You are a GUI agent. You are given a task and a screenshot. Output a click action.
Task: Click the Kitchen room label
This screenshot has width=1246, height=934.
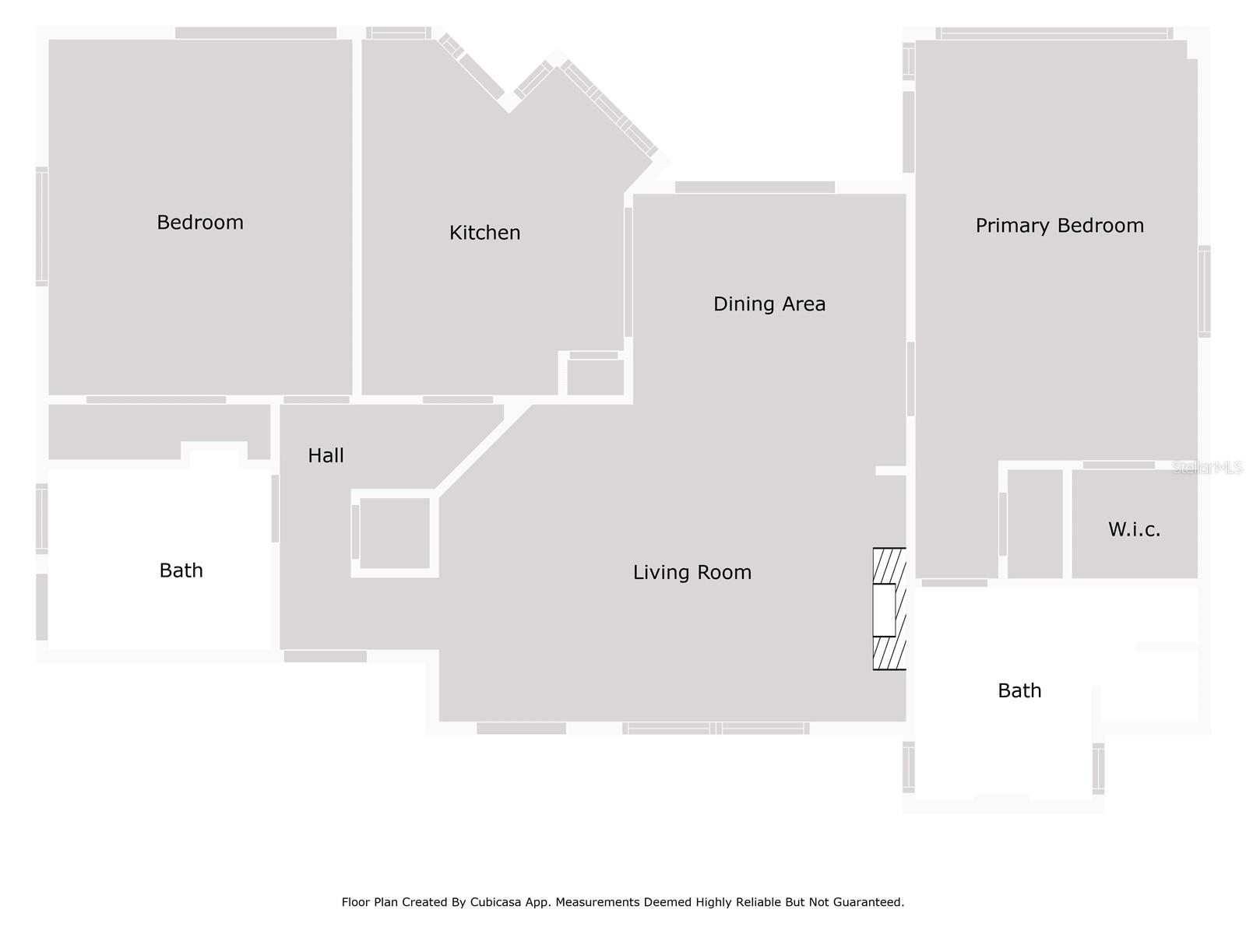pyautogui.click(x=484, y=233)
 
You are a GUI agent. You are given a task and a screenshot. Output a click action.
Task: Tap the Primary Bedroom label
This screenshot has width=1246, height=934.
pyautogui.click(x=1059, y=226)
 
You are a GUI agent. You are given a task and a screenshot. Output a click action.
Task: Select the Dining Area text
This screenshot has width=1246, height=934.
pyautogui.click(x=769, y=304)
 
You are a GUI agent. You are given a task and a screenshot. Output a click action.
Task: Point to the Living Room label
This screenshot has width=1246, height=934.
pyautogui.click(x=692, y=573)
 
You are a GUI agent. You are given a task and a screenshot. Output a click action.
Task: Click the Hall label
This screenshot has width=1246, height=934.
pyautogui.click(x=326, y=456)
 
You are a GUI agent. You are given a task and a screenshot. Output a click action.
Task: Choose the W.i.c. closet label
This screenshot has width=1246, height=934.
pyautogui.click(x=1134, y=530)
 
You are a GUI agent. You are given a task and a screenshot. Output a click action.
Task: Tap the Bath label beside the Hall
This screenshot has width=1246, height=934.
pyautogui.click(x=181, y=571)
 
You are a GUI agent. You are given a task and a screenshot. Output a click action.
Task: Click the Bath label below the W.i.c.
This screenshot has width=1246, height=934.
pyautogui.click(x=1019, y=690)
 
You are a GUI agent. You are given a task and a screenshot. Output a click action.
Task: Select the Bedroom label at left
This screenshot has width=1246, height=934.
pyautogui.click(x=200, y=223)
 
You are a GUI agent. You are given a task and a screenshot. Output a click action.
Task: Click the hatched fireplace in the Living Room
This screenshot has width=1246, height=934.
pyautogui.click(x=889, y=609)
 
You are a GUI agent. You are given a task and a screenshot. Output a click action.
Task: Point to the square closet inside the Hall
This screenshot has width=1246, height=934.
pyautogui.click(x=395, y=533)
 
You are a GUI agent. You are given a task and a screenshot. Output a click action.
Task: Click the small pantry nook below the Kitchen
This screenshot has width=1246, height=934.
pyautogui.click(x=595, y=377)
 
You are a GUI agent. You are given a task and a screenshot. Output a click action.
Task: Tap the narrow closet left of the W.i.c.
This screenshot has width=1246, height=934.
pyautogui.click(x=1035, y=524)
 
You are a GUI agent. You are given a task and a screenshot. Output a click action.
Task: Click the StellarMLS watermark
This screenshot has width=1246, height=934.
pyautogui.click(x=1208, y=468)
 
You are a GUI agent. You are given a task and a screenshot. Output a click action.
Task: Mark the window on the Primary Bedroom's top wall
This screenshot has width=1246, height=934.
pyautogui.click(x=1054, y=33)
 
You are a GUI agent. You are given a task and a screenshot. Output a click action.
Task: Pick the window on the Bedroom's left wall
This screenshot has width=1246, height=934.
pyautogui.click(x=42, y=226)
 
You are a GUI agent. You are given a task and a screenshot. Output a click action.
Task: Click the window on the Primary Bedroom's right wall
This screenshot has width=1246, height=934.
pyautogui.click(x=1204, y=291)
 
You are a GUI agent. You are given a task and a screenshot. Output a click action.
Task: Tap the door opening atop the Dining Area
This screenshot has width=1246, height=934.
pyautogui.click(x=755, y=188)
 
